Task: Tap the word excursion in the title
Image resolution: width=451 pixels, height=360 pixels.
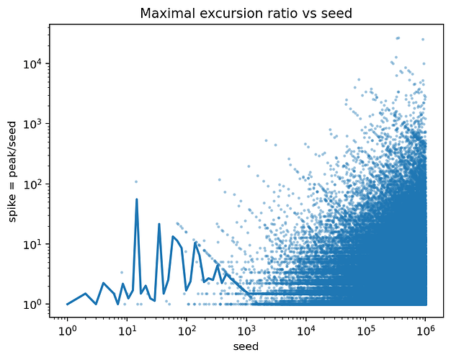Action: (223, 14)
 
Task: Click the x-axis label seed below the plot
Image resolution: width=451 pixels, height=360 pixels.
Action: (246, 347)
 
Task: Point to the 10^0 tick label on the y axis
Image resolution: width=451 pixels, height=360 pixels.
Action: (34, 304)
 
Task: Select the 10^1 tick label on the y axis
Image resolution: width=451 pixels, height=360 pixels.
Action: (34, 244)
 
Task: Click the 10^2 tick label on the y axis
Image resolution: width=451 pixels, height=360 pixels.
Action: (34, 184)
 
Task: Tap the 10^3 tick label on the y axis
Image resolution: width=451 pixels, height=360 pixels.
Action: (34, 124)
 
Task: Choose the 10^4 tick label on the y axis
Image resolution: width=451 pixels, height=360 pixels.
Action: (34, 63)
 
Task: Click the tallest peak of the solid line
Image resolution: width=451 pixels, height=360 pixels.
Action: (137, 199)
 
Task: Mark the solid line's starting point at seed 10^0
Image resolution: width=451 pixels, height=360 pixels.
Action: (67, 304)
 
